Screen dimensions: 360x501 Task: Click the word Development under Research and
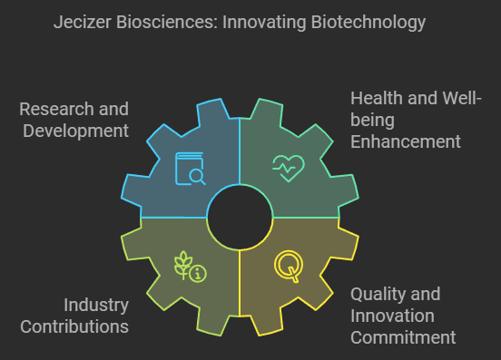(x=74, y=131)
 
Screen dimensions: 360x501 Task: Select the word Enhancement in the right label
(x=405, y=141)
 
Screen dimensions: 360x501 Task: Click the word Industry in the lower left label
(x=95, y=305)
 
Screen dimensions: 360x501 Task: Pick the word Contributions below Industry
(x=74, y=326)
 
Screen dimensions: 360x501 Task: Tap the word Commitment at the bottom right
(x=403, y=338)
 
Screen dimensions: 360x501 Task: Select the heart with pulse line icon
(x=289, y=168)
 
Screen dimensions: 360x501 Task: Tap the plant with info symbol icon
(x=191, y=267)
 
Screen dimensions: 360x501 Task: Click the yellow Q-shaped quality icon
(x=288, y=267)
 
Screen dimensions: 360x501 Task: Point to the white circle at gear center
(x=240, y=218)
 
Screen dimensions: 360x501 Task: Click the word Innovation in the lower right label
(x=392, y=316)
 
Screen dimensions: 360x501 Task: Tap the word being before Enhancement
(x=371, y=120)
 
